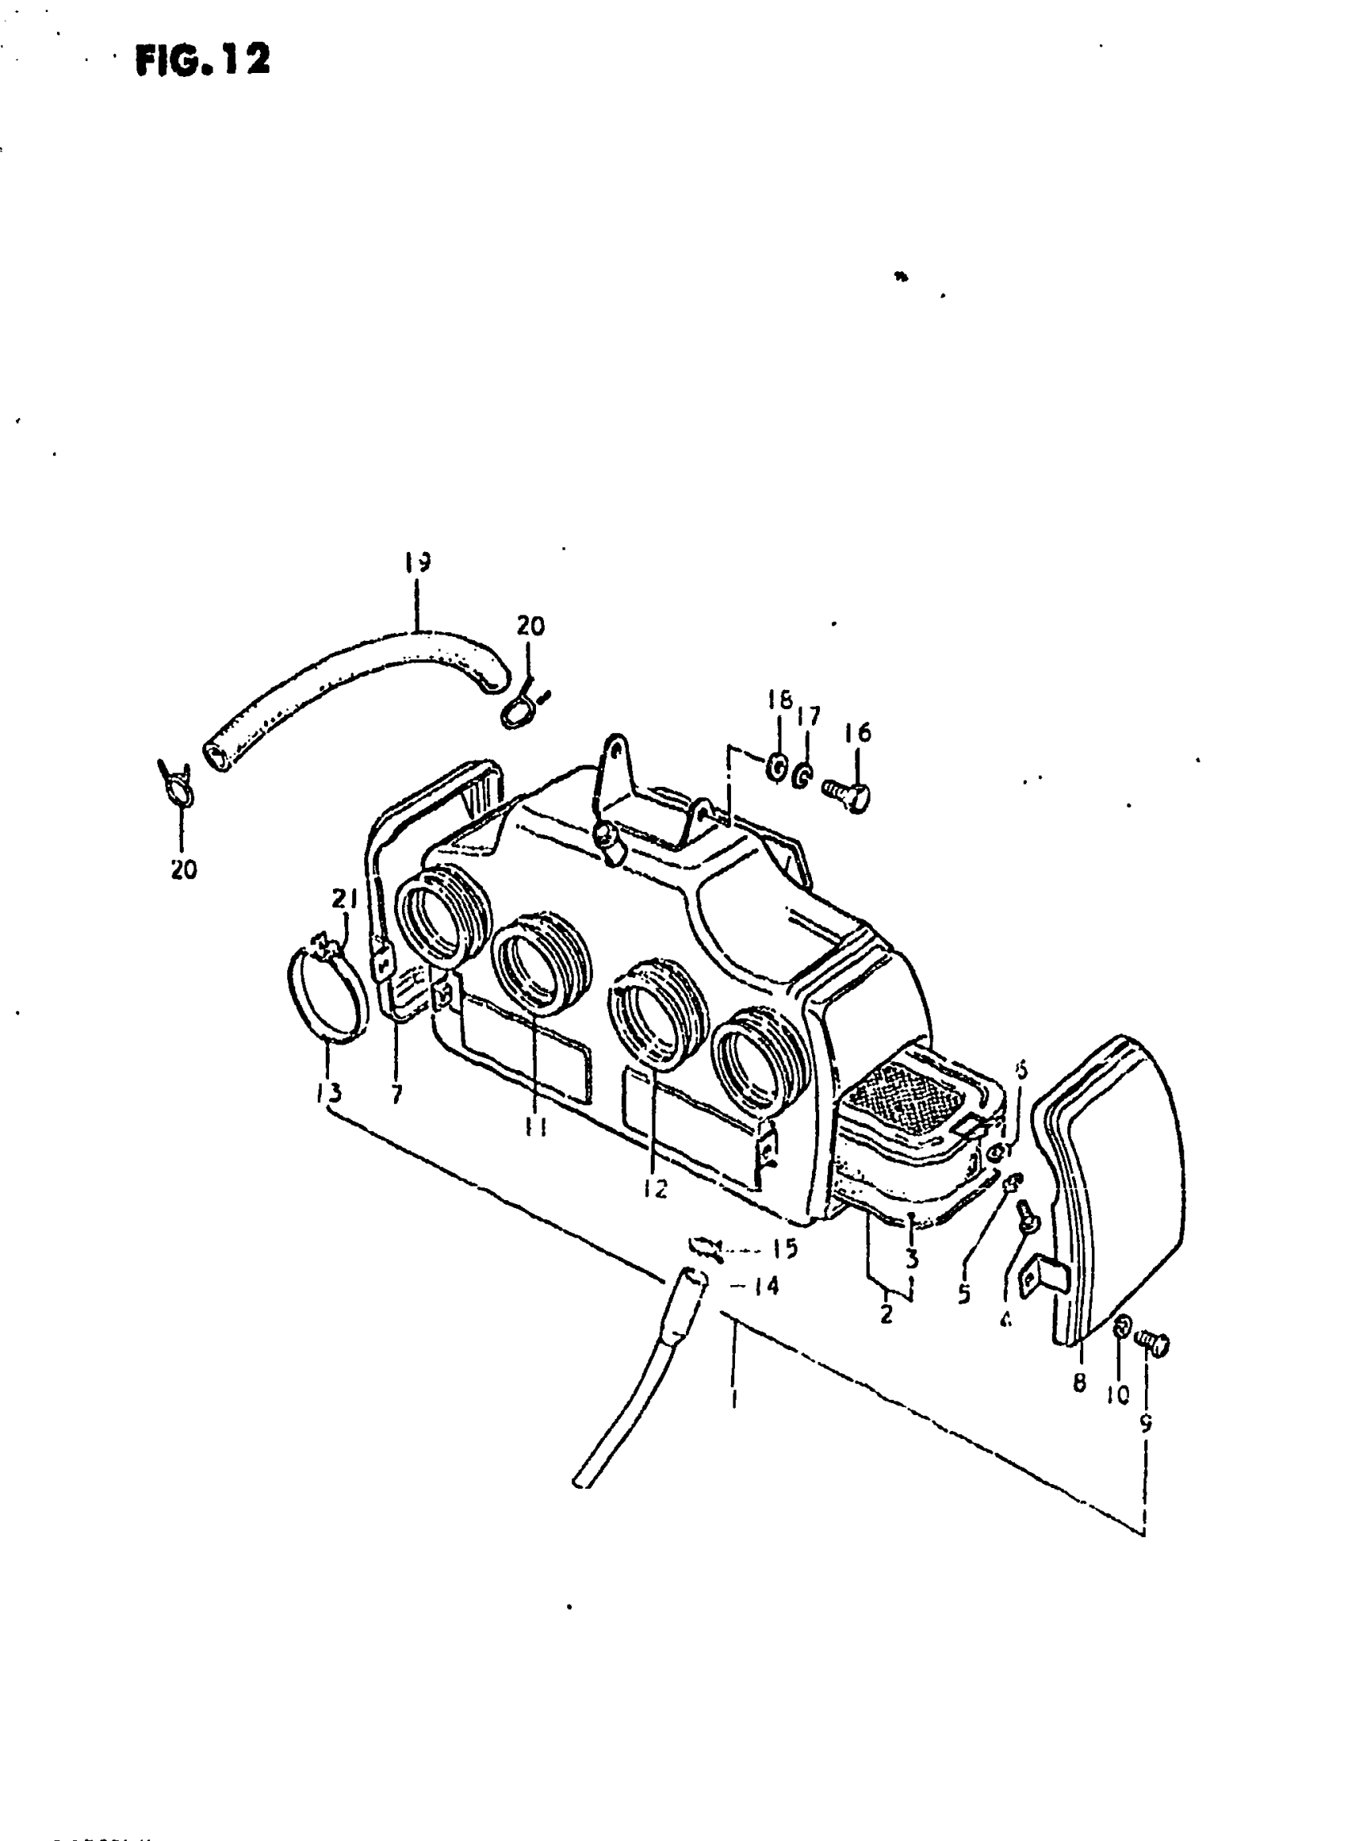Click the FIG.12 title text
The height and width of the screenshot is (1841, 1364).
203,60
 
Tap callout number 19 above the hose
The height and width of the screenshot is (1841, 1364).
418,562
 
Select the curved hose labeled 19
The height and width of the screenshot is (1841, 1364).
347,686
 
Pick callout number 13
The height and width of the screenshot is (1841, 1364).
328,1094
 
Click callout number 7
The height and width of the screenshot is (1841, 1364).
396,1095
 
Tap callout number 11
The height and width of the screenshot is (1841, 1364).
537,1126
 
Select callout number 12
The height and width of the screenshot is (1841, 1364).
656,1190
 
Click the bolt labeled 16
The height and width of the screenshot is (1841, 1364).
848,794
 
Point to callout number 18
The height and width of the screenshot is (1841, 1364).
778,700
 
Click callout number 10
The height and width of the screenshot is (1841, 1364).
1117,1394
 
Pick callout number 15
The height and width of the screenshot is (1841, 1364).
786,1248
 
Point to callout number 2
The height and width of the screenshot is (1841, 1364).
886,1313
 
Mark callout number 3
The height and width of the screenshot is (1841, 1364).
911,1259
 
